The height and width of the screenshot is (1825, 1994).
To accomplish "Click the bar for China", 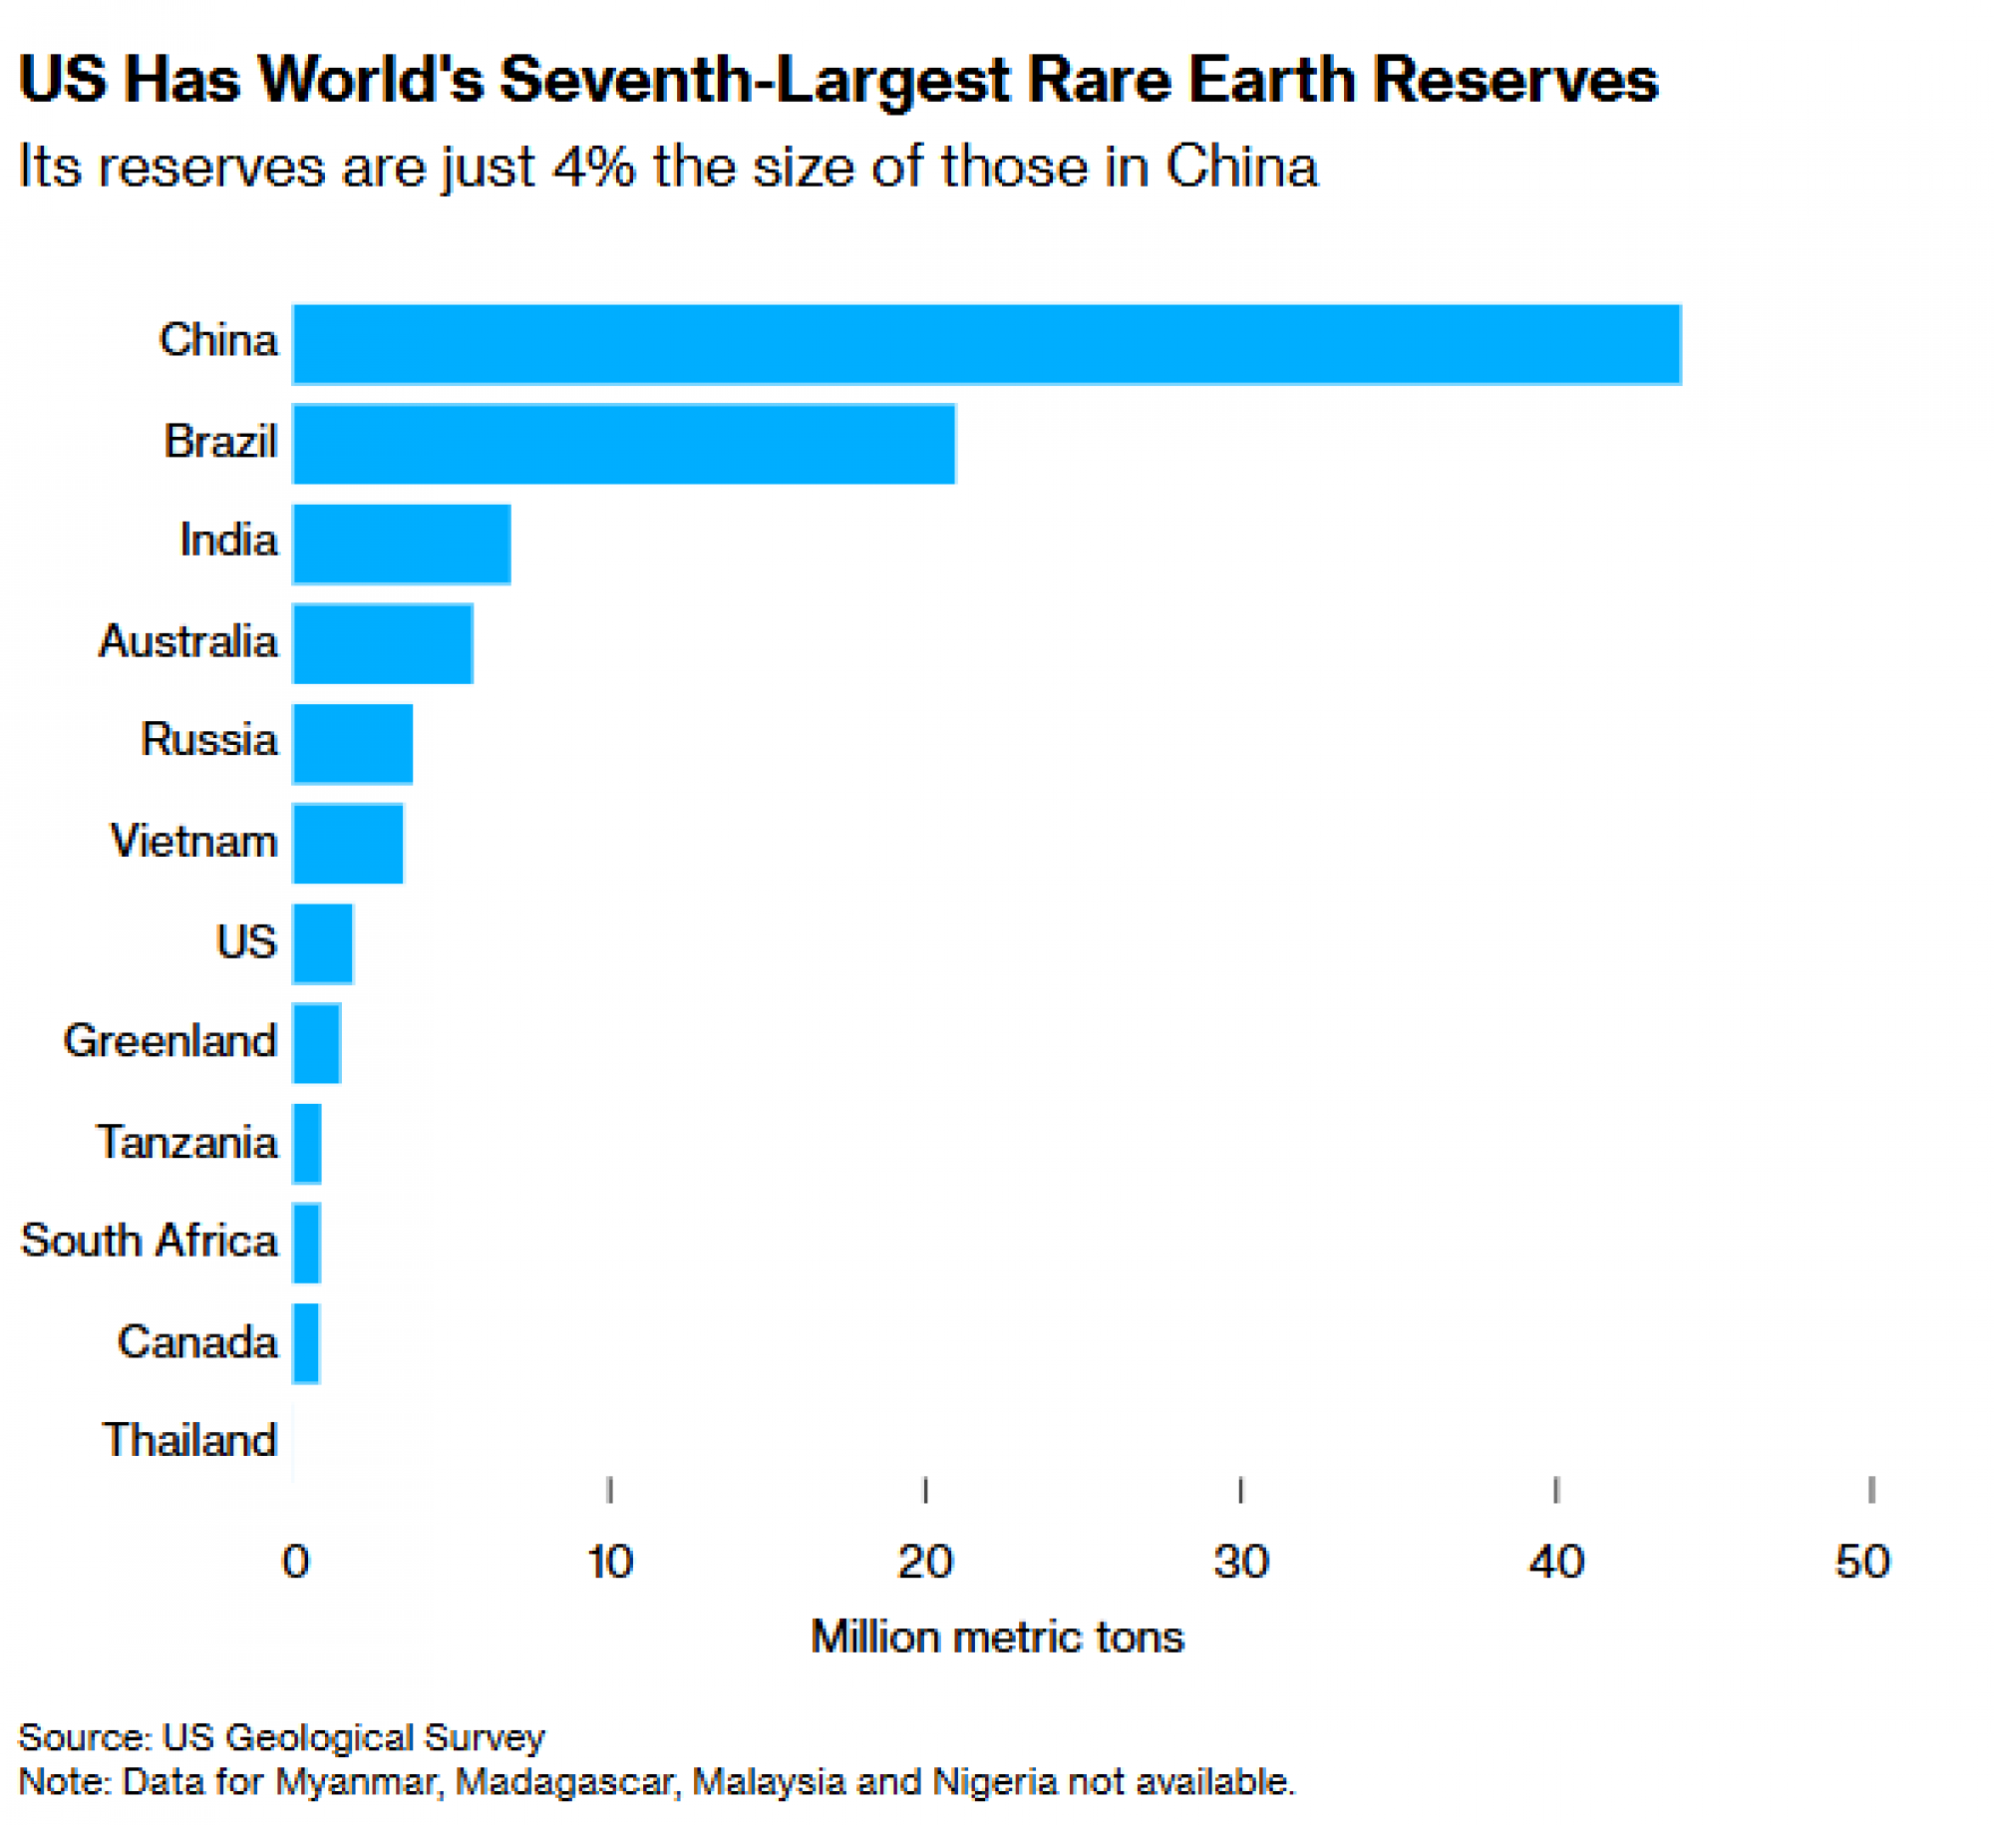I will point(986,344).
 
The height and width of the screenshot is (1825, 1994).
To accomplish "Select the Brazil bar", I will point(623,444).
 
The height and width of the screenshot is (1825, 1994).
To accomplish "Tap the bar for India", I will point(401,544).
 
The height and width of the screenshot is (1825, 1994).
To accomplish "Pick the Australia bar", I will point(382,643).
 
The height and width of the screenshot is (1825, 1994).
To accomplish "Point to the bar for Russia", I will point(352,743).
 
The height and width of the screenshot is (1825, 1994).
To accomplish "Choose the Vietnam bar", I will point(347,843).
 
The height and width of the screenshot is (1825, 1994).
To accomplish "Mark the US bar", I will point(322,943).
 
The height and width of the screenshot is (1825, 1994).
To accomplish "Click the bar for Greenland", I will point(316,1043).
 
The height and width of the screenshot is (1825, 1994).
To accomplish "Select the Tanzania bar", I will point(307,1143).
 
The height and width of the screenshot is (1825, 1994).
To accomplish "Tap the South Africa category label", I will point(150,1241).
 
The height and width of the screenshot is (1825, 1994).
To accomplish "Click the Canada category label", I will point(197,1341).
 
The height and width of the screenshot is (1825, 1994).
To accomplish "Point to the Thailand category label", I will point(189,1440).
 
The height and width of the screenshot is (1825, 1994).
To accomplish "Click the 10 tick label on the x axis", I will point(609,1562).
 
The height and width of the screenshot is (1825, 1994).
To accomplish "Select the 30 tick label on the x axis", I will point(1240,1562).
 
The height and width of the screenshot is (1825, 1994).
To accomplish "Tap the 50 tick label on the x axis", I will point(1862,1562).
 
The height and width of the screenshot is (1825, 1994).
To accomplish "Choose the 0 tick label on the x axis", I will point(295,1562).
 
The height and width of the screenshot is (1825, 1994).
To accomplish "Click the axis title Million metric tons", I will point(997,1638).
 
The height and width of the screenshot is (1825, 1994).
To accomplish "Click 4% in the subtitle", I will point(594,166).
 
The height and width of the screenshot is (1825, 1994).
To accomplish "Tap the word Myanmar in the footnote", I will point(357,1781).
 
